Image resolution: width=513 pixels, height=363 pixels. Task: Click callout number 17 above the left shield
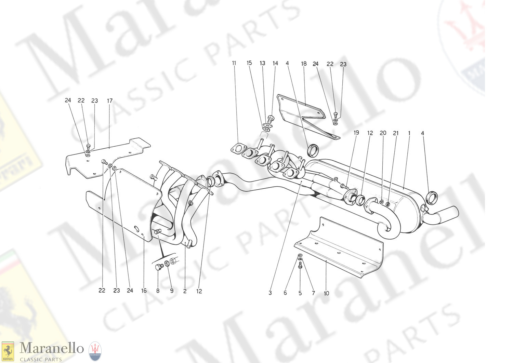click(110, 101)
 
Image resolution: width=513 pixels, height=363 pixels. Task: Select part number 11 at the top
click(234, 63)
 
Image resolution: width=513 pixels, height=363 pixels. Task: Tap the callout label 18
click(304, 64)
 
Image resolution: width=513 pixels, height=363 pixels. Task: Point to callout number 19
click(356, 133)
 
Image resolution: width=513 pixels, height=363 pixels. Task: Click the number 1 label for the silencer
click(409, 133)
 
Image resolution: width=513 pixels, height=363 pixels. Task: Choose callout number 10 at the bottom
click(326, 293)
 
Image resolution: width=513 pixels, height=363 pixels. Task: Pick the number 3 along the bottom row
click(270, 293)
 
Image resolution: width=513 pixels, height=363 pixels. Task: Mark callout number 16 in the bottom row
click(144, 291)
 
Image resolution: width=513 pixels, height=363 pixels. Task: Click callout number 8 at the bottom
click(158, 291)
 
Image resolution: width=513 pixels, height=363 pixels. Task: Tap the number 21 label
click(396, 133)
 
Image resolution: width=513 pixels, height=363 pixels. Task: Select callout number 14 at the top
click(275, 63)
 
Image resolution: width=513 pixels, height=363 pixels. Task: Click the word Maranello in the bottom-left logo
click(51, 348)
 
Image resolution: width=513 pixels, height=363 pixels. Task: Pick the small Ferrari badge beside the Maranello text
click(8, 351)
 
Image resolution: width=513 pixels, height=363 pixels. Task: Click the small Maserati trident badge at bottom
click(95, 351)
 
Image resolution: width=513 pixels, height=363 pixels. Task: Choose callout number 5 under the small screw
click(300, 293)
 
